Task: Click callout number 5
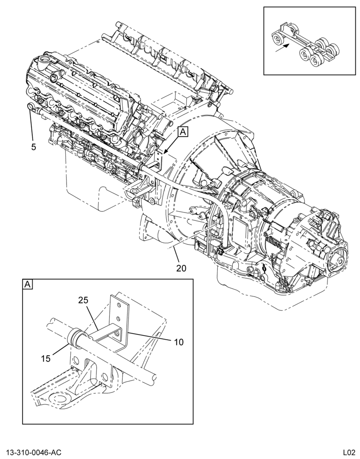(x=34, y=147)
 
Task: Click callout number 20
(x=181, y=268)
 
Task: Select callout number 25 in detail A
(x=83, y=300)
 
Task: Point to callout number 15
(x=46, y=358)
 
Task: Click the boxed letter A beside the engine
(x=183, y=132)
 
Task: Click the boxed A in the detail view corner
(x=28, y=284)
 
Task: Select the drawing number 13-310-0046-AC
(x=31, y=452)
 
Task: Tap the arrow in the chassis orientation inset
(x=283, y=48)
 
